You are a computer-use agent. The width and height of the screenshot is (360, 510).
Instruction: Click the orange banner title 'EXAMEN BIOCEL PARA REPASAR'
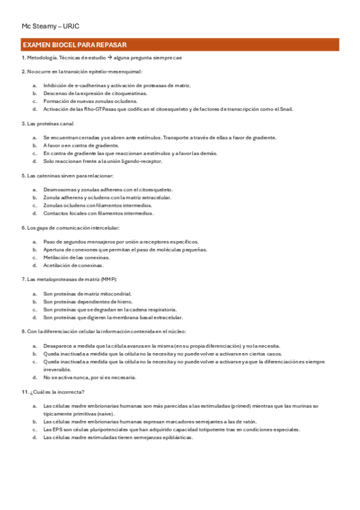[73, 45]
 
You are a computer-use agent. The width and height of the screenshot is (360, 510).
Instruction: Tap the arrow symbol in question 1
[109, 58]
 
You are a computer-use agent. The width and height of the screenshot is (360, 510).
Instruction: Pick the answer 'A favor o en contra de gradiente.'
[81, 146]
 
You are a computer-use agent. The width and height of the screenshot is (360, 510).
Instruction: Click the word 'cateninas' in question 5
[46, 176]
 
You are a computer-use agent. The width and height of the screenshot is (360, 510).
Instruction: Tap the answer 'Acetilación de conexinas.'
[73, 265]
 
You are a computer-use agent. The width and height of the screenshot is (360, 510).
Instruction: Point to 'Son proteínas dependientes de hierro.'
[88, 301]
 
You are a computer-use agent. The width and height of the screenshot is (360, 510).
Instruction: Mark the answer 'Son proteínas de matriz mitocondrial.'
[88, 293]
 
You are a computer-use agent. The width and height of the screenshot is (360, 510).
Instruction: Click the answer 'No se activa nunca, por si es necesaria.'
[90, 377]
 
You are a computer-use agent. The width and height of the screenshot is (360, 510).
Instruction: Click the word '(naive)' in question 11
[103, 414]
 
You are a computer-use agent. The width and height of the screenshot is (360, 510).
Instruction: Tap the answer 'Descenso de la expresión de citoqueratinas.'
[95, 94]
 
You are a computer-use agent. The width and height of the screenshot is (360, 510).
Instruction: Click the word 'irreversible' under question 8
[58, 369]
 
